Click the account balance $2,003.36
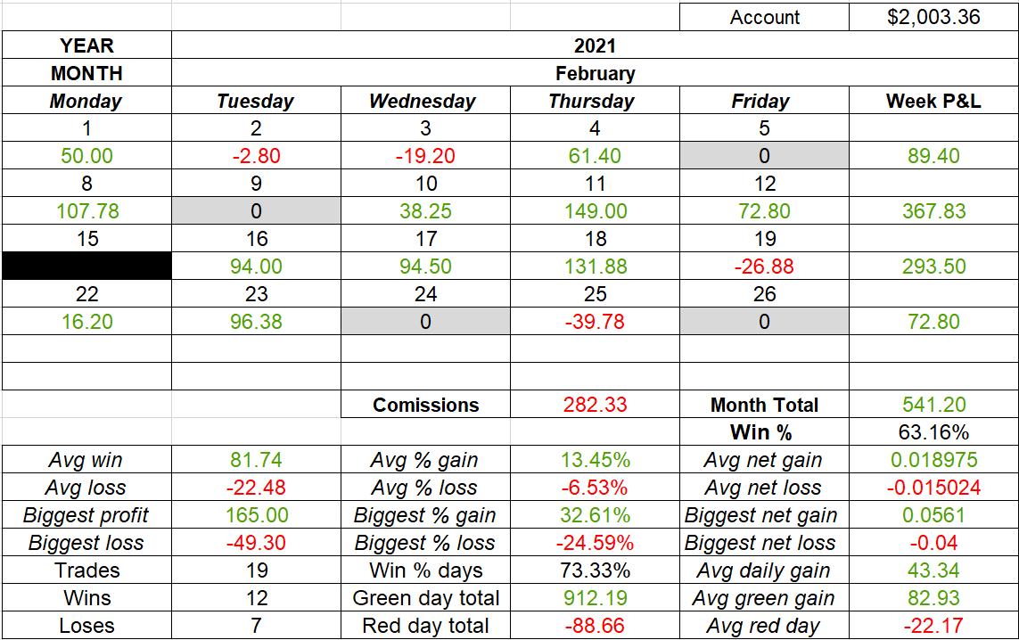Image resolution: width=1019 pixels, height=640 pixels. pyautogui.click(x=933, y=18)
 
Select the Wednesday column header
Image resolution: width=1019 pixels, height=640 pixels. pyautogui.click(x=424, y=101)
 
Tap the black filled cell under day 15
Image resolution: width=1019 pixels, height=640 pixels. pyautogui.click(x=86, y=267)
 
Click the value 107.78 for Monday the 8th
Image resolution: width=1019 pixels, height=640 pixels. pyautogui.click(x=86, y=211)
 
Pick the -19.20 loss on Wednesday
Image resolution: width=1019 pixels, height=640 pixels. pyautogui.click(x=425, y=156)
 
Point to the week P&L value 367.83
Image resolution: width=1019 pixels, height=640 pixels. pyautogui.click(x=933, y=211)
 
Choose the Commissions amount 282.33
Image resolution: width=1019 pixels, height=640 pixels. pyautogui.click(x=595, y=405)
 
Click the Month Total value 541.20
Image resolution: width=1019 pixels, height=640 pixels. pyautogui.click(x=933, y=405)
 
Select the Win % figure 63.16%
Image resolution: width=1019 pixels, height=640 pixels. pyautogui.click(x=933, y=432)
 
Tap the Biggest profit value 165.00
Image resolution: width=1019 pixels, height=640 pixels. pyautogui.click(x=256, y=515)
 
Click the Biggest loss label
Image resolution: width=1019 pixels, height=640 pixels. pyautogui.click(x=86, y=543)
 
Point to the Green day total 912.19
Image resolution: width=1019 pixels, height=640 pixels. pyautogui.click(x=595, y=598)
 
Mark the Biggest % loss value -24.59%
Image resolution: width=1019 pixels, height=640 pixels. pyautogui.click(x=595, y=543)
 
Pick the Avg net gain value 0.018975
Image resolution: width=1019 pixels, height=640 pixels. pyautogui.click(x=933, y=460)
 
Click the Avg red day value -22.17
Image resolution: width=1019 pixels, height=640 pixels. pyautogui.click(x=933, y=626)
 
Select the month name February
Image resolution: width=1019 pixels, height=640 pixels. pyautogui.click(x=595, y=73)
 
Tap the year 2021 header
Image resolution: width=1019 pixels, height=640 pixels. pyautogui.click(x=595, y=45)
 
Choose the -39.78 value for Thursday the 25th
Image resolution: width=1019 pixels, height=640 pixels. pyautogui.click(x=595, y=322)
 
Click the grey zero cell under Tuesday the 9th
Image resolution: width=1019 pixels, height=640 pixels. pyautogui.click(x=256, y=211)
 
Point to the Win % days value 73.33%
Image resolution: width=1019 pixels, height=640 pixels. pyautogui.click(x=595, y=570)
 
